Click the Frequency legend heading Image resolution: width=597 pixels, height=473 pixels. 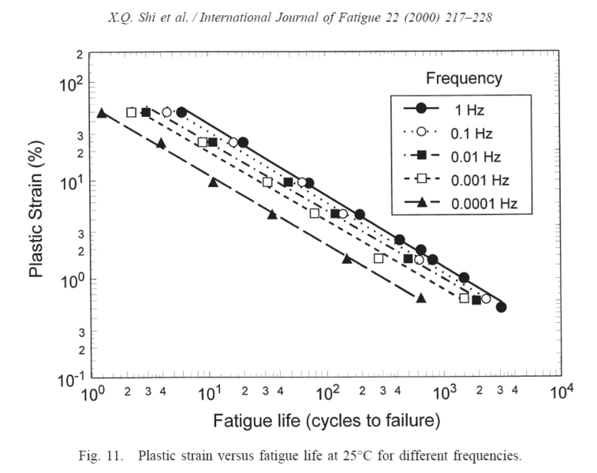464,78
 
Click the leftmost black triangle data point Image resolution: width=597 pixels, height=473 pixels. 101,113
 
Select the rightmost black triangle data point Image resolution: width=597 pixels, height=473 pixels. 420,298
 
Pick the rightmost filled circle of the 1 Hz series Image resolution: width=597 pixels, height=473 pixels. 501,307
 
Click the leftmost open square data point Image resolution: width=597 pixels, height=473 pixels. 132,112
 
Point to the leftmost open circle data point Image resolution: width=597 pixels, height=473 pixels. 166,112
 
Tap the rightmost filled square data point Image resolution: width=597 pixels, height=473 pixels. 476,300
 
